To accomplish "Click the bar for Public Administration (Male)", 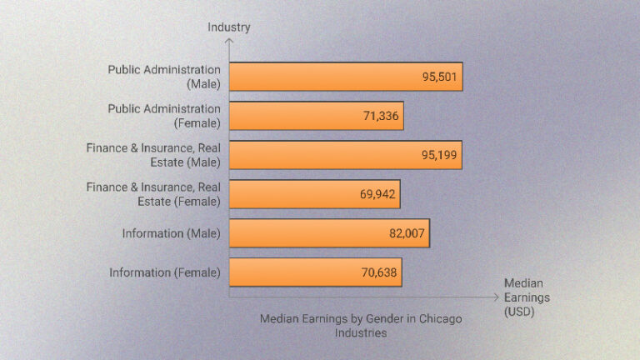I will (345, 77).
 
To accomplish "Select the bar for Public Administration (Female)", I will (316, 116).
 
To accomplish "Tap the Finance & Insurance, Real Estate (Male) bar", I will (345, 155).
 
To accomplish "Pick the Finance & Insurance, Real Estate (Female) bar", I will (314, 194).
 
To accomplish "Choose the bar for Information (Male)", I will (329, 233).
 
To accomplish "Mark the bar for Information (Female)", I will (315, 272).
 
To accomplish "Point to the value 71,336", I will (380, 116).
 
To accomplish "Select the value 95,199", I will (438, 155).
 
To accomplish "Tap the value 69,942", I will (377, 194).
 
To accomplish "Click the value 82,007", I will (407, 233).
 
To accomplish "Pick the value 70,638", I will (379, 272).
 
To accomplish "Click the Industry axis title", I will (229, 27).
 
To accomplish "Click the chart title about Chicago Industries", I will (360, 325).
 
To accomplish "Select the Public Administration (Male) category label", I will (164, 77).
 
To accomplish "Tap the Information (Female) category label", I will (165, 272).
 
